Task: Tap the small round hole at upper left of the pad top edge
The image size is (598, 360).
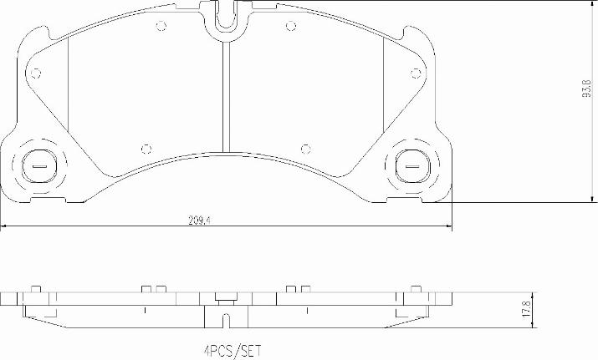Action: click(x=161, y=24)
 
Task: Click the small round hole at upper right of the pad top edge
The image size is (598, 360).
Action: click(x=289, y=24)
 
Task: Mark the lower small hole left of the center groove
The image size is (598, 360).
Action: click(x=147, y=149)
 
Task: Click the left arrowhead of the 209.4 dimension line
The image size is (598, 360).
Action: click(x=4, y=226)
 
